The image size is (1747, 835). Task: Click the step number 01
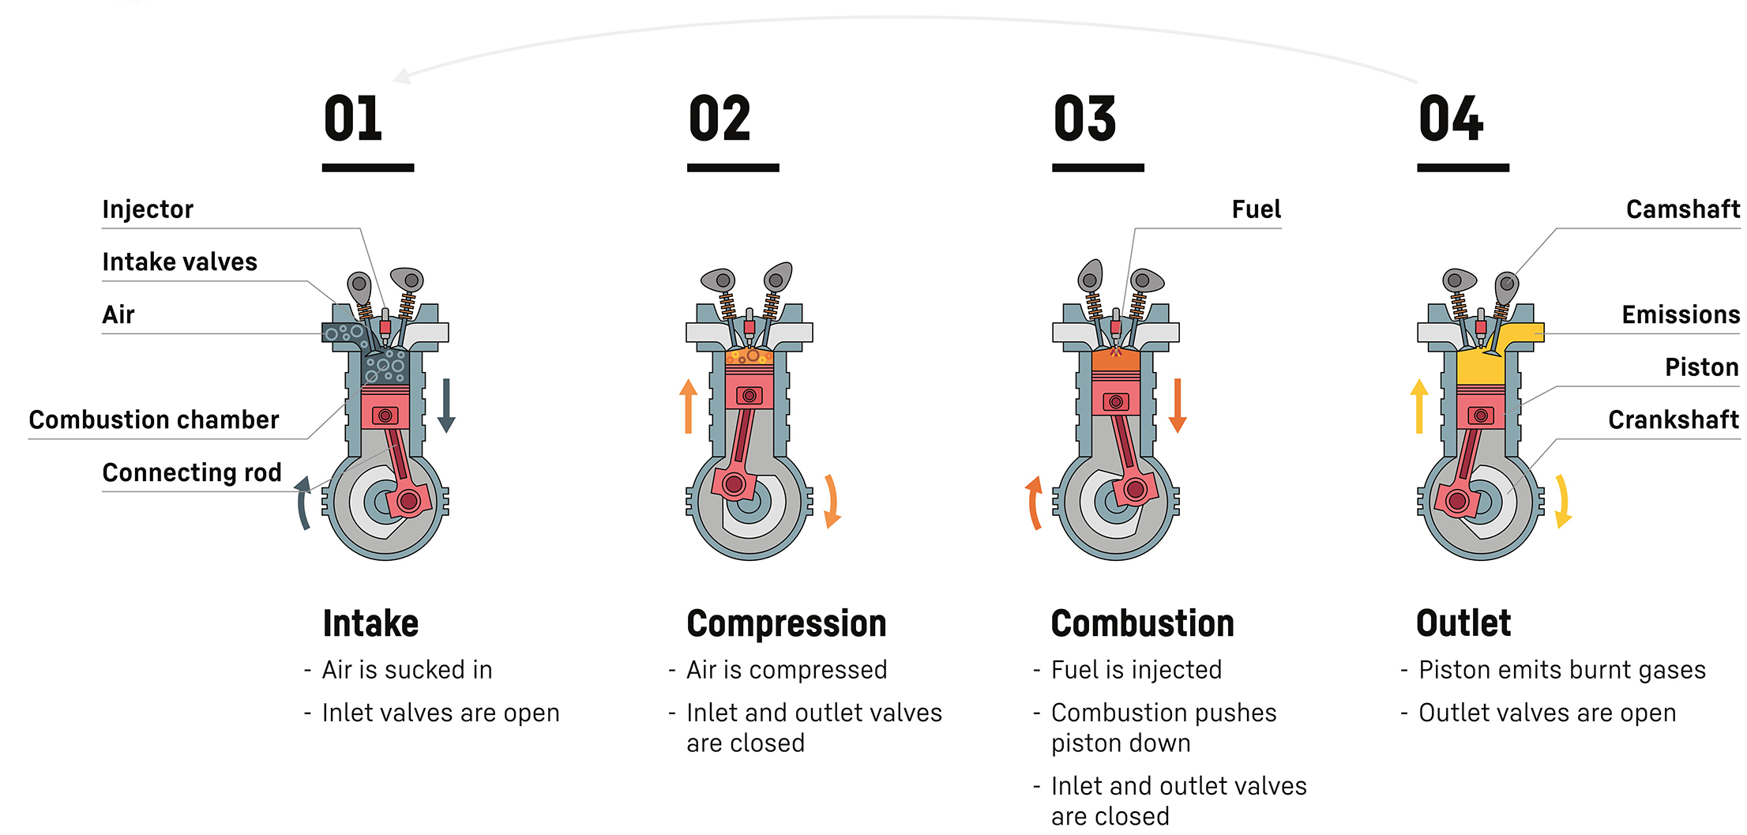(353, 118)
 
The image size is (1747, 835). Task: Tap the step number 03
(1084, 118)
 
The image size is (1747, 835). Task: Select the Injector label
(148, 209)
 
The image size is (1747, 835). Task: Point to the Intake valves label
(180, 261)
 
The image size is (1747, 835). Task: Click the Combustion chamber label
(154, 419)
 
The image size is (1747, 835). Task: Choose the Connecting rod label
(192, 472)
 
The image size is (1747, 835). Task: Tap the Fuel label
(1257, 209)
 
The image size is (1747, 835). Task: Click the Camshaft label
(1683, 209)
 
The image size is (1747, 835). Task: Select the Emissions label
(1681, 314)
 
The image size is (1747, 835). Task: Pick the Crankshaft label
(1674, 419)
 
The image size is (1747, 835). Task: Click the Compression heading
(787, 623)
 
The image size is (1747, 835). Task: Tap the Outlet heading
(1463, 623)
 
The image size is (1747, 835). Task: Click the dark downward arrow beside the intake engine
(446, 406)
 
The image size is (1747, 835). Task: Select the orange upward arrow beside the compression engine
(689, 406)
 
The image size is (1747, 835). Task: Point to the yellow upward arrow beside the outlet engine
(1419, 406)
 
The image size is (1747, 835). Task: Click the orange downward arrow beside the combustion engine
(1178, 406)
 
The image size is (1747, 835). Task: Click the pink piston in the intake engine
(385, 407)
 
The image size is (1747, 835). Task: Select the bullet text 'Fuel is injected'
(1136, 670)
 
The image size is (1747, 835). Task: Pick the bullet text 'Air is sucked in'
(407, 670)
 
